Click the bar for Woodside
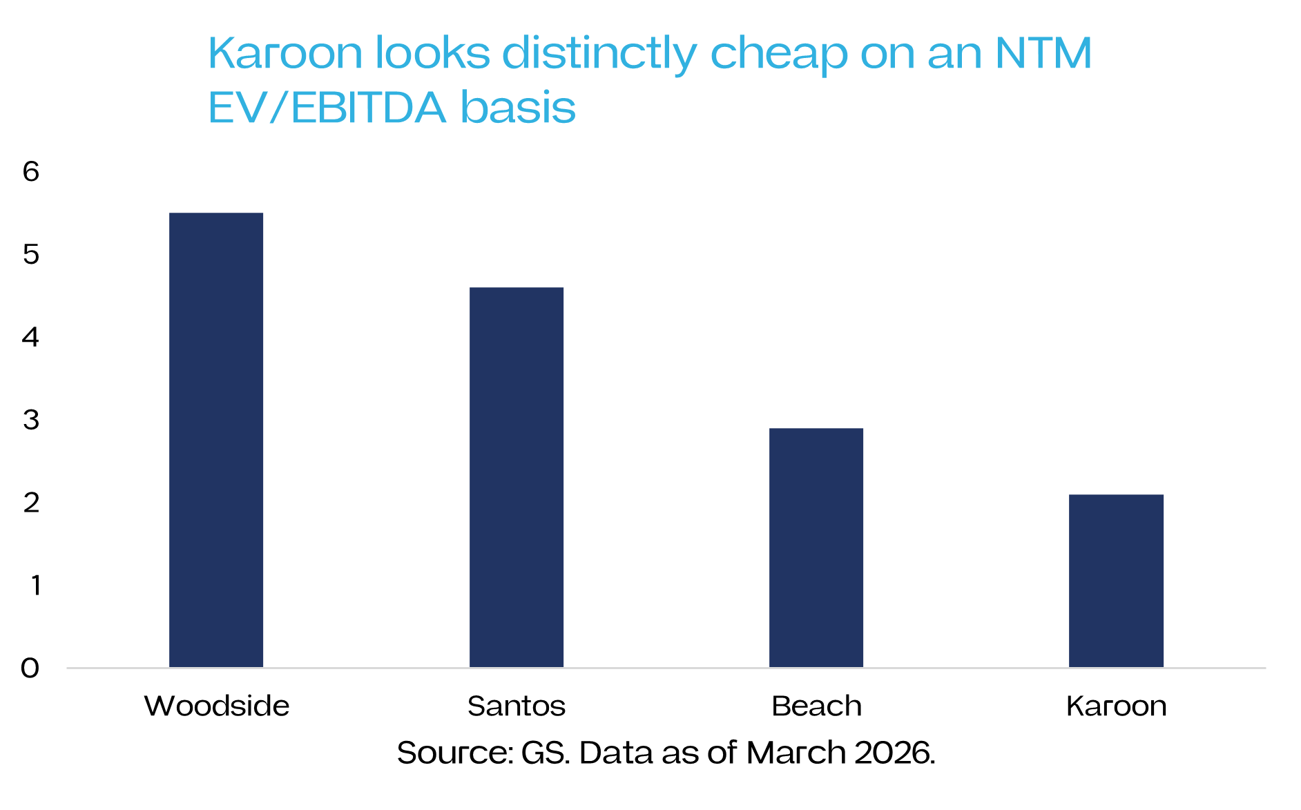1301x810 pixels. click(216, 440)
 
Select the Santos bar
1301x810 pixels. click(517, 477)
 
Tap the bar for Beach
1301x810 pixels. click(816, 548)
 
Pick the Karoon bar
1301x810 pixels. click(1116, 581)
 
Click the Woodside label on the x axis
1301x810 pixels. click(217, 706)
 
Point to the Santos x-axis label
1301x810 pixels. click(517, 706)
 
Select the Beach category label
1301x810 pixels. click(817, 706)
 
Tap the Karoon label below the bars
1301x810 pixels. click(1117, 706)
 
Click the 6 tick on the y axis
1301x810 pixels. click(31, 171)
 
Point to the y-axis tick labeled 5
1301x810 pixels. click(31, 254)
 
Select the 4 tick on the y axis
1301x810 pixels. click(31, 337)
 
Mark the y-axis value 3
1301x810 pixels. click(31, 420)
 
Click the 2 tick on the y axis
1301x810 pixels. click(31, 503)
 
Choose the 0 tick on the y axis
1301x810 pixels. click(30, 668)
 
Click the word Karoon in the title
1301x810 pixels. click(285, 53)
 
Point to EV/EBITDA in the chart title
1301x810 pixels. click(327, 108)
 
